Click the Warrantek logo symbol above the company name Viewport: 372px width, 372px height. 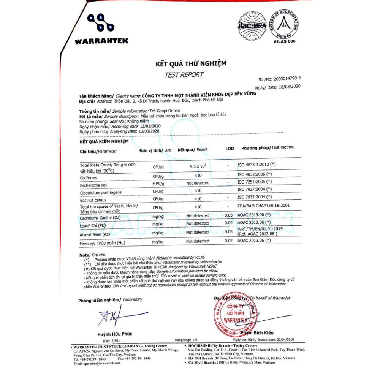tap(101, 24)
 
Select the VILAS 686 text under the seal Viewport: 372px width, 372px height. tap(284, 41)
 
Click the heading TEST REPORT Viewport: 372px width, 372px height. tap(184, 75)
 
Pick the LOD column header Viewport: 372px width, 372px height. tap(230, 149)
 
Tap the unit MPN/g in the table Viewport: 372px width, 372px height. tap(158, 183)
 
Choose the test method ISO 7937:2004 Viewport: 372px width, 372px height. tap(255, 189)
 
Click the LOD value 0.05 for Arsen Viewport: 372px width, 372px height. tap(228, 231)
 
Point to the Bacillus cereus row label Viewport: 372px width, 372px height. tap(93, 200)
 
